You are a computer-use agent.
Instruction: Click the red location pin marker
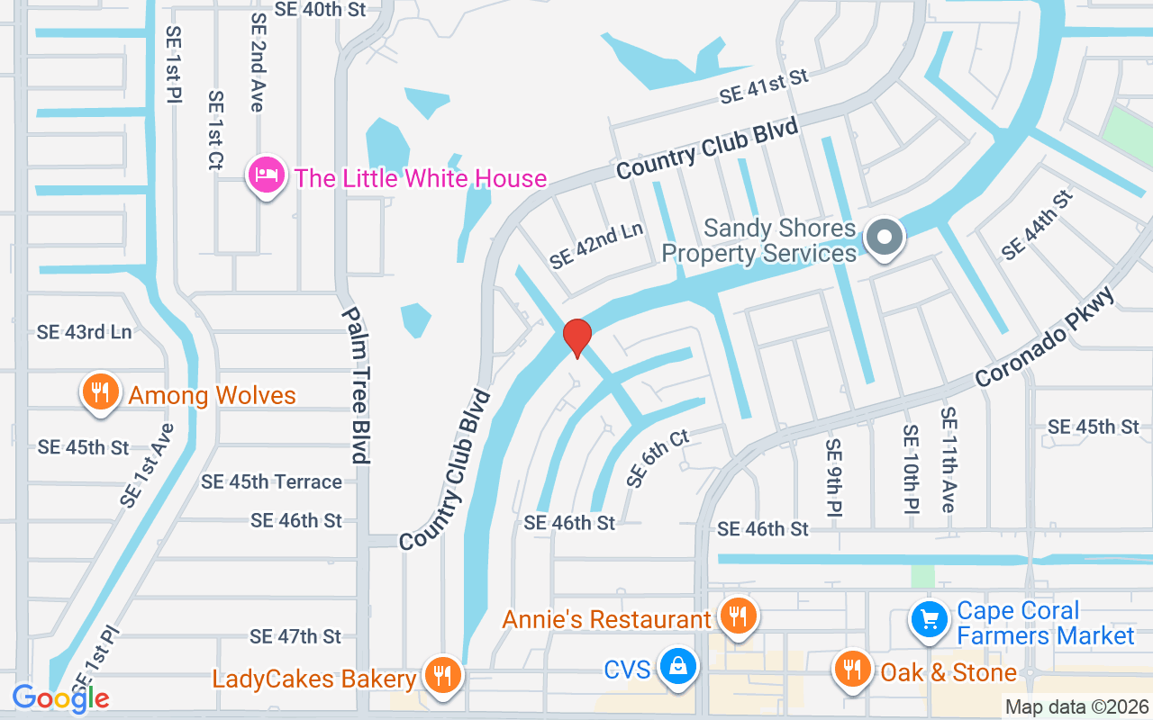pyautogui.click(x=576, y=337)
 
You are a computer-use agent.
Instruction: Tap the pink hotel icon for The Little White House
pyautogui.click(x=267, y=175)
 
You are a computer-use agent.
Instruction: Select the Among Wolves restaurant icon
pyautogui.click(x=101, y=392)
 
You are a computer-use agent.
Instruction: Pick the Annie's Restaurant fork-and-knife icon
pyautogui.click(x=738, y=616)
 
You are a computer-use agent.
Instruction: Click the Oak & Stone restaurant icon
pyautogui.click(x=851, y=669)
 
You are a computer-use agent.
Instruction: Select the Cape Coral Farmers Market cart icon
pyautogui.click(x=929, y=619)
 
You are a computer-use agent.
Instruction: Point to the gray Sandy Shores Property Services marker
pyautogui.click(x=884, y=238)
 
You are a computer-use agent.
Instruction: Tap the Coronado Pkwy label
pyautogui.click(x=1045, y=337)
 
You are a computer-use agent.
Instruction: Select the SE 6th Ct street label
pyautogui.click(x=658, y=458)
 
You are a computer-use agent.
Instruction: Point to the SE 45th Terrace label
pyautogui.click(x=271, y=481)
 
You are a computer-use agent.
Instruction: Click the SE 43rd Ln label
pyautogui.click(x=84, y=332)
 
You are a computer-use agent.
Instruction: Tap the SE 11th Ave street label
pyautogui.click(x=948, y=459)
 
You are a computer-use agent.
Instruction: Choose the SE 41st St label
pyautogui.click(x=764, y=87)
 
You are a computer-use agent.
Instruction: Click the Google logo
pyautogui.click(x=60, y=697)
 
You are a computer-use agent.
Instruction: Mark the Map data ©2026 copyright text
pyautogui.click(x=1076, y=707)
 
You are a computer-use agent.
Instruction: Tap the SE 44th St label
pyautogui.click(x=1038, y=225)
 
